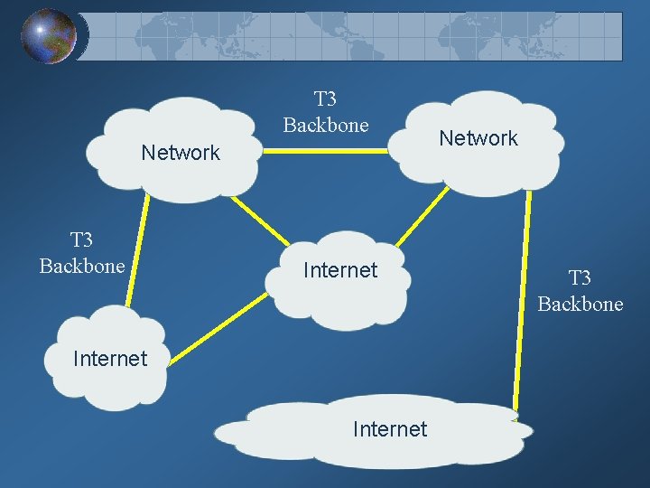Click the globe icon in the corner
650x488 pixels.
49,36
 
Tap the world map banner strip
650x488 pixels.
361,36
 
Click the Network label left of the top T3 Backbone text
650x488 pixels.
181,153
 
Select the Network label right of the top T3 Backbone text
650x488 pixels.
478,138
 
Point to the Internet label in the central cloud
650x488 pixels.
340,270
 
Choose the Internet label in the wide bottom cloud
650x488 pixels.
390,428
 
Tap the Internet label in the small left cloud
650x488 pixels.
109,359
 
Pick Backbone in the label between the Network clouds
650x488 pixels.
326,125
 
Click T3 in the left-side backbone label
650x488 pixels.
81,240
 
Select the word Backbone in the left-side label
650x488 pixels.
82,267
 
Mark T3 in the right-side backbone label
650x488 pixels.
580,277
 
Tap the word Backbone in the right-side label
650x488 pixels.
580,304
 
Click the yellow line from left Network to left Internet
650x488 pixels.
135,253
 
